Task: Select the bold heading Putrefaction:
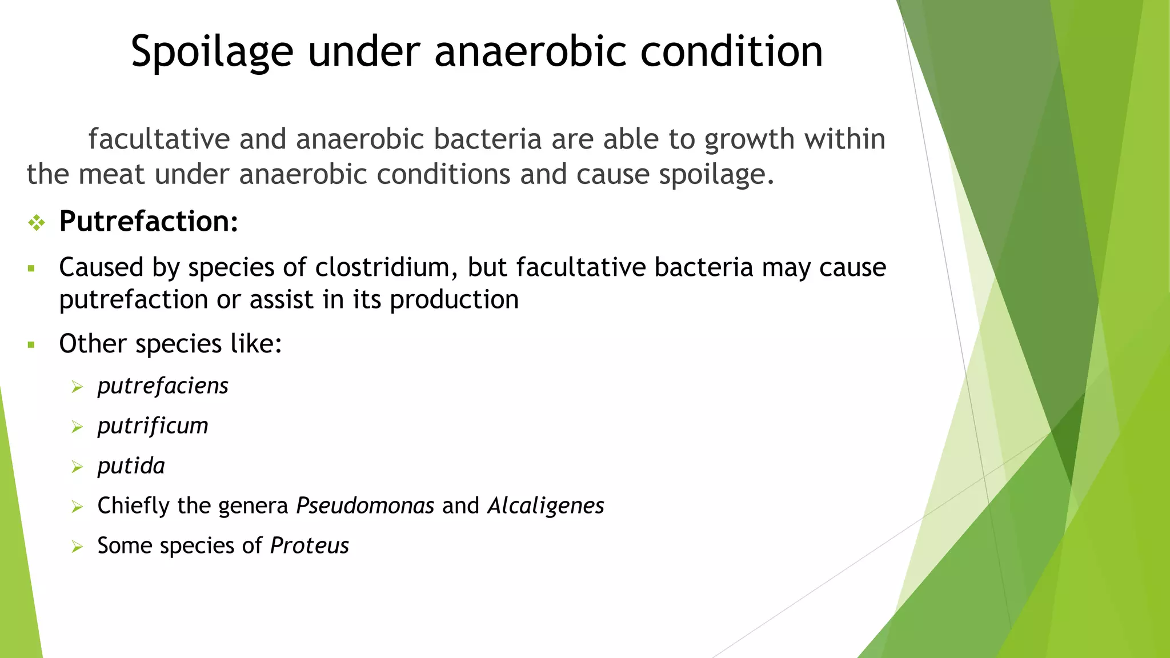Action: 149,222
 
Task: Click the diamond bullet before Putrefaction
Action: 37,223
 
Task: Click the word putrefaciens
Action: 163,386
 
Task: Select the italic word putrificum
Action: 153,426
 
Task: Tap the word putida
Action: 131,466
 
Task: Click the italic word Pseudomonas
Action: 365,506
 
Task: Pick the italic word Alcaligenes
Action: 546,506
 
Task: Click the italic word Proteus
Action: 309,546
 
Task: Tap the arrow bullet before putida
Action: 77,467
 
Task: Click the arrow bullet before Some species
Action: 77,547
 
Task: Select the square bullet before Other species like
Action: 31,345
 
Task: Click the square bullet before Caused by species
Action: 31,268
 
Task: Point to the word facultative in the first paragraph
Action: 158,140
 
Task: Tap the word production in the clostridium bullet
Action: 454,300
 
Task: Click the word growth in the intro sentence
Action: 749,140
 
